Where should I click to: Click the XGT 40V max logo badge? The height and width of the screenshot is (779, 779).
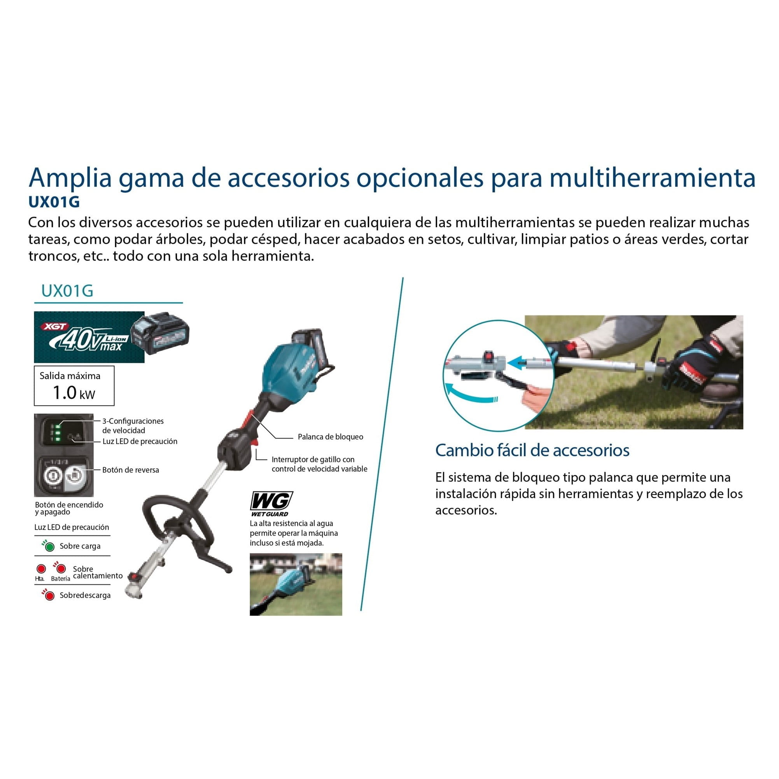click(x=89, y=337)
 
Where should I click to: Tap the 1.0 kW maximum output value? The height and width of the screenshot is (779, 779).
click(x=74, y=393)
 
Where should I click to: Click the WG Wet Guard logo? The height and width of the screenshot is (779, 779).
click(x=271, y=504)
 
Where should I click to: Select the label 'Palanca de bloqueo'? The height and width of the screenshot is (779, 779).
click(x=330, y=437)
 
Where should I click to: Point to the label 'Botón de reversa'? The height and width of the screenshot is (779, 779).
click(x=131, y=470)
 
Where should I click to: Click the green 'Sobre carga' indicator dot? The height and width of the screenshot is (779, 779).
click(x=50, y=547)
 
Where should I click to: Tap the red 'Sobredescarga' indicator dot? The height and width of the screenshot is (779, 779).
click(x=50, y=596)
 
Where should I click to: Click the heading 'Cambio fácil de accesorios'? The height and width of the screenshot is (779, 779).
click(x=532, y=450)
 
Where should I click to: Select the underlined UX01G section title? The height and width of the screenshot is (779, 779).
click(x=67, y=291)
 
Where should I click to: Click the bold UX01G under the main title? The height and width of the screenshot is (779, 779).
click(x=54, y=201)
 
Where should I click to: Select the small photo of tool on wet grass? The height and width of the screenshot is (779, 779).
click(x=296, y=585)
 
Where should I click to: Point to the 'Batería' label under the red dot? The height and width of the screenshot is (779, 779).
click(x=61, y=579)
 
